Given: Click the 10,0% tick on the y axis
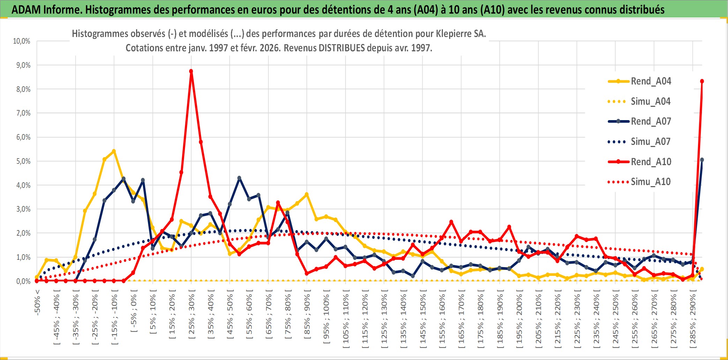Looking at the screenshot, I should pos(22,41).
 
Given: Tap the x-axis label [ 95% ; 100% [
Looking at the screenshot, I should pos(326,319).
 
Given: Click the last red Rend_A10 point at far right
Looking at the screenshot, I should pos(702,81).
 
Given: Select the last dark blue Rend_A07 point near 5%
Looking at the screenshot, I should pos(702,160).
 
